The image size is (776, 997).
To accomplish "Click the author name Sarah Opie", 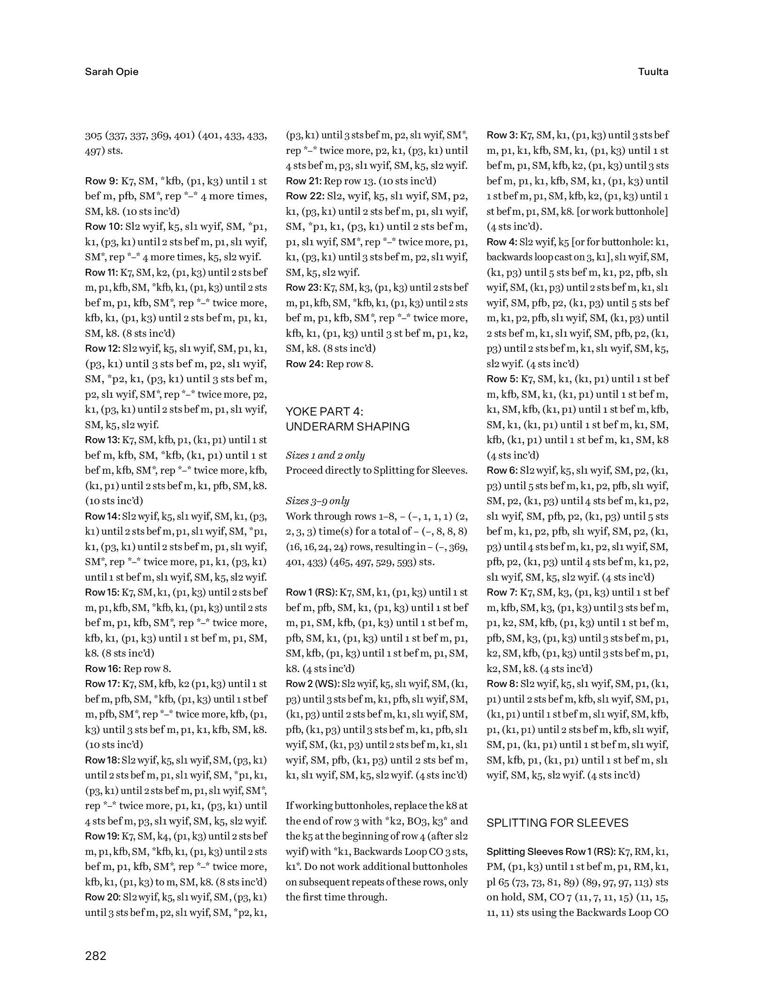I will [x=112, y=72].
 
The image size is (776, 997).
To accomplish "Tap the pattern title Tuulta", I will [x=653, y=72].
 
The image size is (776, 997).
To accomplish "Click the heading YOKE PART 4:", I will [x=324, y=411].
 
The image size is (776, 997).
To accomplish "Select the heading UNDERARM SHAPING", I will [x=348, y=427].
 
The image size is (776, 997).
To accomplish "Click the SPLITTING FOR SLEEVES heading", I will [x=557, y=823].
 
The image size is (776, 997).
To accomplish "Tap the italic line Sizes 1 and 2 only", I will [x=325, y=455].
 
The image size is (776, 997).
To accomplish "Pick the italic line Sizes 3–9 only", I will [x=318, y=501].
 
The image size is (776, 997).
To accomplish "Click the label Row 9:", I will [x=101, y=181].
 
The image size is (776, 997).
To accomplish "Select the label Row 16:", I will [x=103, y=669].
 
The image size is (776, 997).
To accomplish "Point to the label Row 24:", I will [x=304, y=363].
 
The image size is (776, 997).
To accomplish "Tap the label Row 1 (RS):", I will [x=312, y=592].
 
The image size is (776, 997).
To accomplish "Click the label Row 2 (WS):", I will [x=313, y=684].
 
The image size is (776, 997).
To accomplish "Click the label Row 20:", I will [x=102, y=897].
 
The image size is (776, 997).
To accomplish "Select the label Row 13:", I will [x=102, y=440].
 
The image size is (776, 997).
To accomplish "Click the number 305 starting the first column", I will [x=93, y=136].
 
